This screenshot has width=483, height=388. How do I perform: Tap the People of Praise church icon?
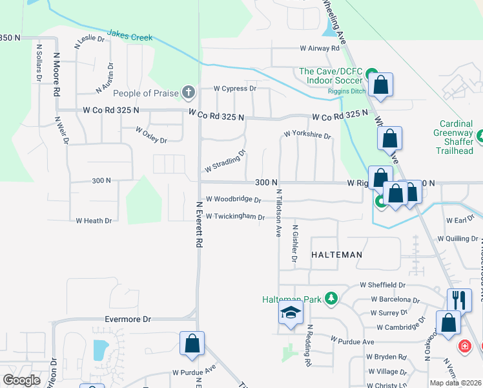pyautogui.click(x=188, y=93)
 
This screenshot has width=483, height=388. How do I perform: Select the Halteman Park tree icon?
pyautogui.click(x=331, y=299)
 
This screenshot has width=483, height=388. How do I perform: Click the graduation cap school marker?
pyautogui.click(x=291, y=313)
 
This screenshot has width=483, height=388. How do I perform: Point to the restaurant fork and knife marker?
pyautogui.click(x=459, y=299)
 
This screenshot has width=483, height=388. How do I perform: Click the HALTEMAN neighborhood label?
pyautogui.click(x=336, y=255)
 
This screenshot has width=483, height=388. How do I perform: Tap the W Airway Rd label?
pyautogui.click(x=320, y=48)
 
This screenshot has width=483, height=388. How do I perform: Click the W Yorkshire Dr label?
pyautogui.click(x=308, y=136)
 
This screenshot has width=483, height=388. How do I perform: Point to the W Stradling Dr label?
pyautogui.click(x=225, y=162)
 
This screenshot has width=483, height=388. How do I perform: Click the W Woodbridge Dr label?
pyautogui.click(x=233, y=200)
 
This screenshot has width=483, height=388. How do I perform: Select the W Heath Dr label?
pyautogui.click(x=94, y=221)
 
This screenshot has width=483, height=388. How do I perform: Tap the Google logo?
pyautogui.click(x=21, y=380)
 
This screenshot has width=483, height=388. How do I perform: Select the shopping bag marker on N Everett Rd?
pyautogui.click(x=192, y=343)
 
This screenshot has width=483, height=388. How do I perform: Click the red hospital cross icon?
pyautogui.click(x=464, y=347)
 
